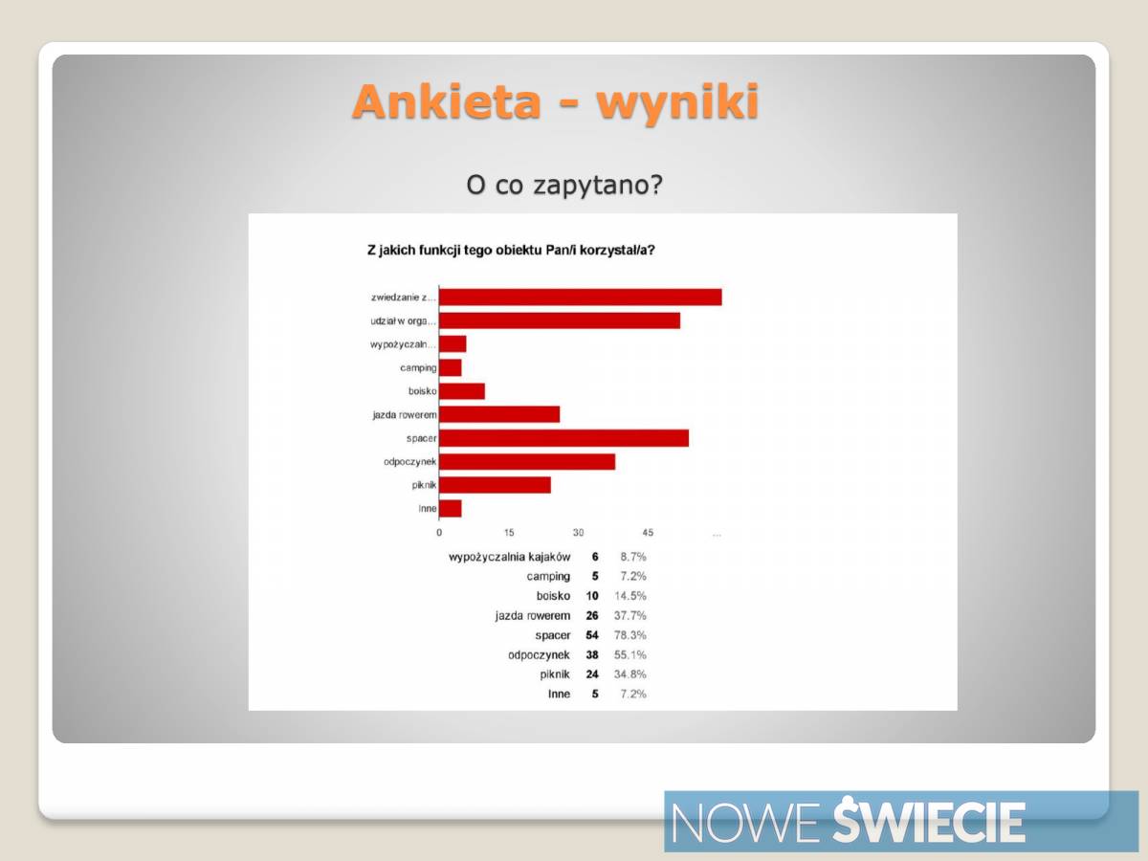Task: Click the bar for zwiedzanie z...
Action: pyautogui.click(x=581, y=297)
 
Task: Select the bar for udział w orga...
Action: pyautogui.click(x=560, y=320)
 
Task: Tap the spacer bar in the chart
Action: pyautogui.click(x=563, y=438)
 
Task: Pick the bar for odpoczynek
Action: pyautogui.click(x=527, y=462)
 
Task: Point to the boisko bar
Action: pyautogui.click(x=462, y=391)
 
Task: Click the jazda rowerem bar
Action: pyautogui.click(x=499, y=414)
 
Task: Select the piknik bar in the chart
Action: pyautogui.click(x=495, y=485)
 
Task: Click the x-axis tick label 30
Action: pyautogui.click(x=578, y=532)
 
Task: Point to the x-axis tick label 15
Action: pyautogui.click(x=509, y=532)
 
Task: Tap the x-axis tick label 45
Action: pyautogui.click(x=648, y=532)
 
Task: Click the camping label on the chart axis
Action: pyautogui.click(x=418, y=368)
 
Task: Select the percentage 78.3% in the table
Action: pyautogui.click(x=630, y=635)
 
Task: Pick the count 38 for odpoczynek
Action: pyautogui.click(x=592, y=654)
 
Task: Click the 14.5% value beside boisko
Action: pyautogui.click(x=630, y=596)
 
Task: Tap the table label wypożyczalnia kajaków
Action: pyautogui.click(x=509, y=558)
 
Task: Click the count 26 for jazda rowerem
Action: pyautogui.click(x=592, y=615)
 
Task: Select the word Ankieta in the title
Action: pyautogui.click(x=446, y=101)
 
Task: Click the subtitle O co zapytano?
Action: pyautogui.click(x=564, y=185)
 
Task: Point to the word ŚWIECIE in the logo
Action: pyautogui.click(x=928, y=821)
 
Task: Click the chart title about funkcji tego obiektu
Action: pyautogui.click(x=511, y=251)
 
